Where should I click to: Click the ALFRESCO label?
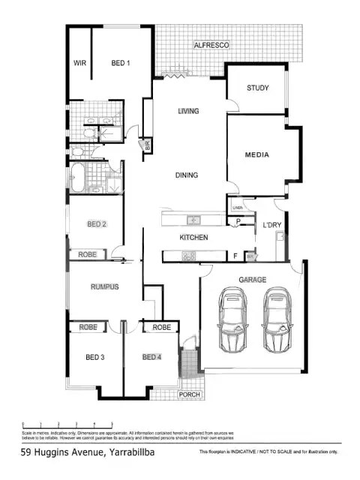point(211,46)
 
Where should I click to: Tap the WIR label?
point(79,63)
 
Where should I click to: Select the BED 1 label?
point(121,63)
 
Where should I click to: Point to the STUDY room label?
point(258,88)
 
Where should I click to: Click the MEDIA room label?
point(257,155)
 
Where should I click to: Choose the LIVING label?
point(188,112)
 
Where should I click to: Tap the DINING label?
point(187,175)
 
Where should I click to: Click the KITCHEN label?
point(193,238)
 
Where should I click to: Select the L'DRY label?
point(271,224)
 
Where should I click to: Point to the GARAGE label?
point(253,279)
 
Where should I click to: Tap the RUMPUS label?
point(105,287)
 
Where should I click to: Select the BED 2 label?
point(97,223)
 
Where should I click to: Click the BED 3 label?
point(94,357)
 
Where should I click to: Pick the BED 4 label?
point(151,357)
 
